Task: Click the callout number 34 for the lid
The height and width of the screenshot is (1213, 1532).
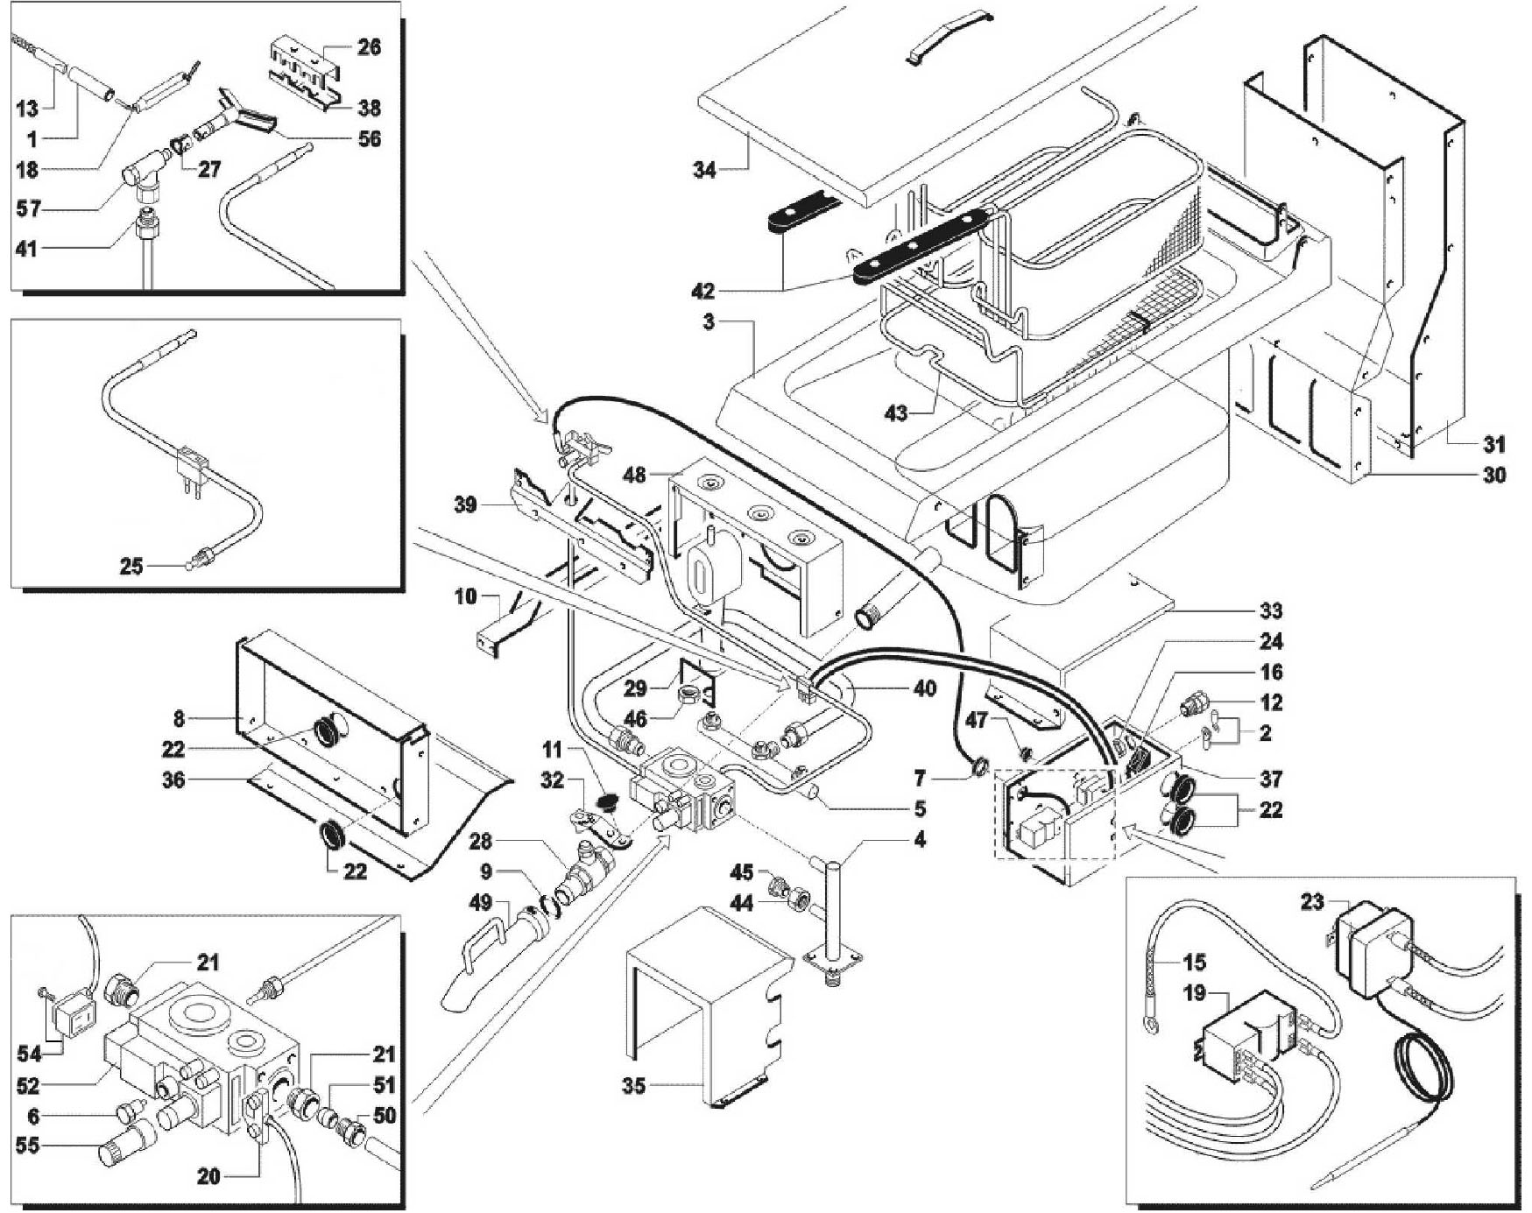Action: [704, 169]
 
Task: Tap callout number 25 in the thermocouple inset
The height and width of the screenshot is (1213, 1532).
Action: [131, 566]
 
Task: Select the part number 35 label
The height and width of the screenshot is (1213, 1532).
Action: [633, 1086]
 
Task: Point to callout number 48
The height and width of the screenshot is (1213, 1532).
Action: [633, 474]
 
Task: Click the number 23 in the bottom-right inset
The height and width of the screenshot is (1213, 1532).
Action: [1311, 901]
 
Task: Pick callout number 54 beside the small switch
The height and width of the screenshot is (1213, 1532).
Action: [29, 1054]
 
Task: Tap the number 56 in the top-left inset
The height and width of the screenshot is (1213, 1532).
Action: [370, 138]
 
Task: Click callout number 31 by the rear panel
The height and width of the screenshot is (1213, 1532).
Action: [1494, 444]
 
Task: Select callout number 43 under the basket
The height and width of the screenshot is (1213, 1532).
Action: [896, 412]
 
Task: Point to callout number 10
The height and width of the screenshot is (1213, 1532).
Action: [465, 596]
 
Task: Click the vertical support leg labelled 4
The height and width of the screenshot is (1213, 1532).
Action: [831, 920]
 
